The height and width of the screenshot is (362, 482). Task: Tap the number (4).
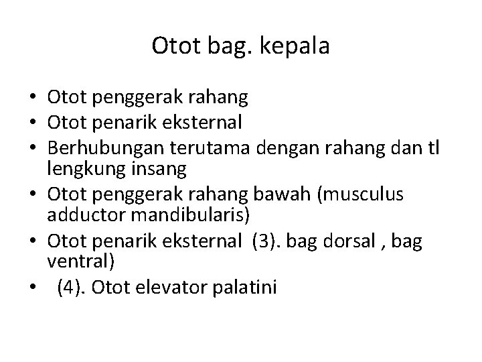pos(70,287)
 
